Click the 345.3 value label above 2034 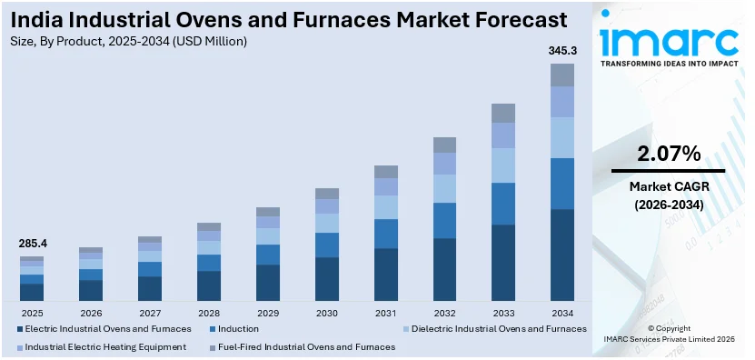point(561,50)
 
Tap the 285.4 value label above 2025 point(32,244)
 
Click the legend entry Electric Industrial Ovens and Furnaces point(108,328)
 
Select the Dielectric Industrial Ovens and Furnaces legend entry point(499,328)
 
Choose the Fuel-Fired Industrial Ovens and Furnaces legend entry point(304,346)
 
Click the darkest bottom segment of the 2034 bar point(562,255)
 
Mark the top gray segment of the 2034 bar point(562,75)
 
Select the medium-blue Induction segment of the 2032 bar point(444,220)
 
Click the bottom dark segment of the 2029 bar point(267,282)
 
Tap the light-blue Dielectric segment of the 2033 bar point(503,165)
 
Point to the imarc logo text point(669,41)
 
